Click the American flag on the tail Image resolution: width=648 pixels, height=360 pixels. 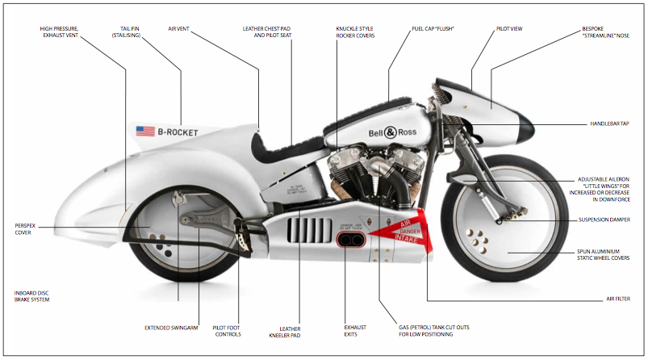click(145, 131)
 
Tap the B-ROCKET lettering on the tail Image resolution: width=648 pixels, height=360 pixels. click(178, 132)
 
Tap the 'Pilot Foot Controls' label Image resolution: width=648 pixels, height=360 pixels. click(228, 331)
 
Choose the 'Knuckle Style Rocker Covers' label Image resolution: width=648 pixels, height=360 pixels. click(355, 32)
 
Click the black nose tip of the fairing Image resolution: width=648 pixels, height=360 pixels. click(525, 124)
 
